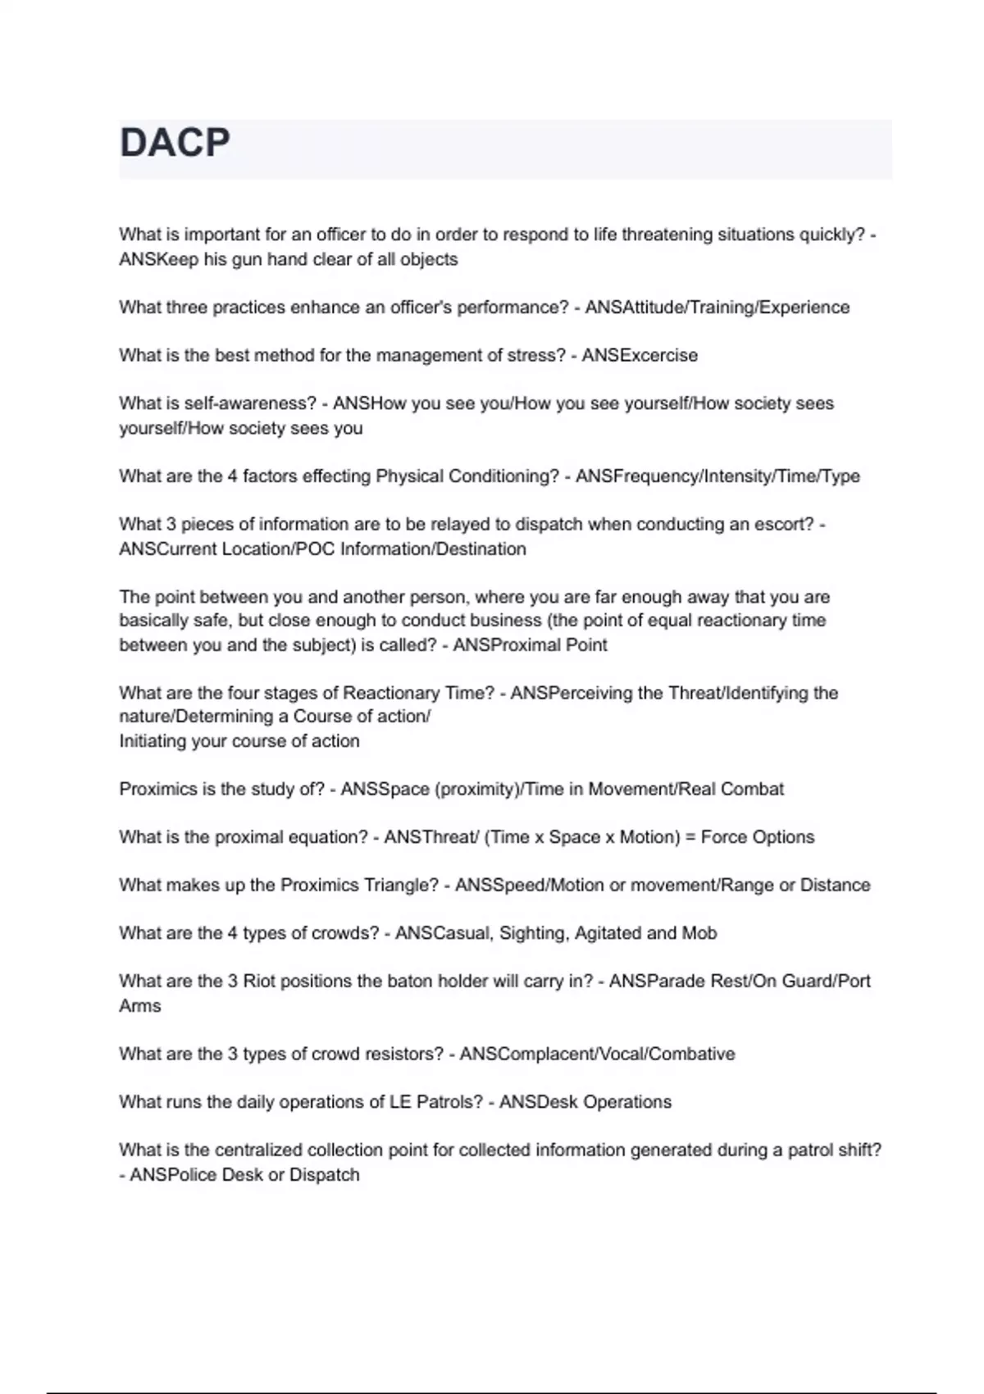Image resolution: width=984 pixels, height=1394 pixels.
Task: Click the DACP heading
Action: pos(175,143)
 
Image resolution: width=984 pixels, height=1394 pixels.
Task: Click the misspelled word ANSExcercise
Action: pos(640,356)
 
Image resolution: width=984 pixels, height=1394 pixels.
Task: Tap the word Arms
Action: pos(140,1006)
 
